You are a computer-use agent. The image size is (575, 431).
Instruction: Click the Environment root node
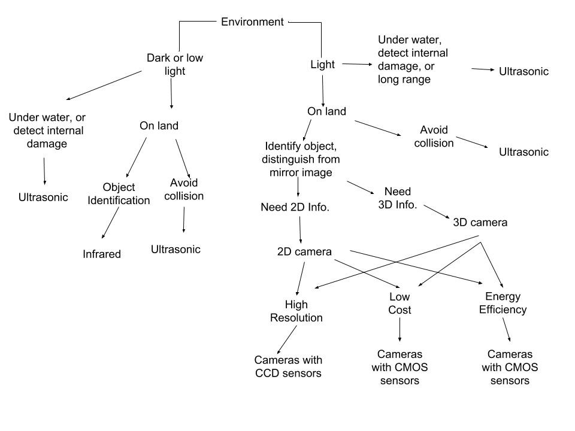coord(252,22)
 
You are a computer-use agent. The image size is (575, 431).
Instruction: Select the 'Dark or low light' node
coord(174,65)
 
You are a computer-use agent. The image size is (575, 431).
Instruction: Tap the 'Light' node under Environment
coord(322,65)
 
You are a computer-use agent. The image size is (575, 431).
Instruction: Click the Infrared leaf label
coord(102,254)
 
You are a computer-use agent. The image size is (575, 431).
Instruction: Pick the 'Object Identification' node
coord(119,194)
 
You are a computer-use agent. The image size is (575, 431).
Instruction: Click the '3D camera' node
coord(480,222)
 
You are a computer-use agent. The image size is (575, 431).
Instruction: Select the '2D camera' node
coord(304,252)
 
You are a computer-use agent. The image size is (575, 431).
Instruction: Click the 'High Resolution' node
coord(296,311)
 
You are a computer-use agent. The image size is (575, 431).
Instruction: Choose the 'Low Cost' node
coord(400,303)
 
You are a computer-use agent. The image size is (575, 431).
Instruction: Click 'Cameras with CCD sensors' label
coord(288,366)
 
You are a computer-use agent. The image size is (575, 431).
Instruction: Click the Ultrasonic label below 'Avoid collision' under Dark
coord(175,250)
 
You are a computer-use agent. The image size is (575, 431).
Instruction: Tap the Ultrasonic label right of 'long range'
coord(523,71)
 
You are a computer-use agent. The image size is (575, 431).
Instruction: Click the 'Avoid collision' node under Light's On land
coord(437,136)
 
